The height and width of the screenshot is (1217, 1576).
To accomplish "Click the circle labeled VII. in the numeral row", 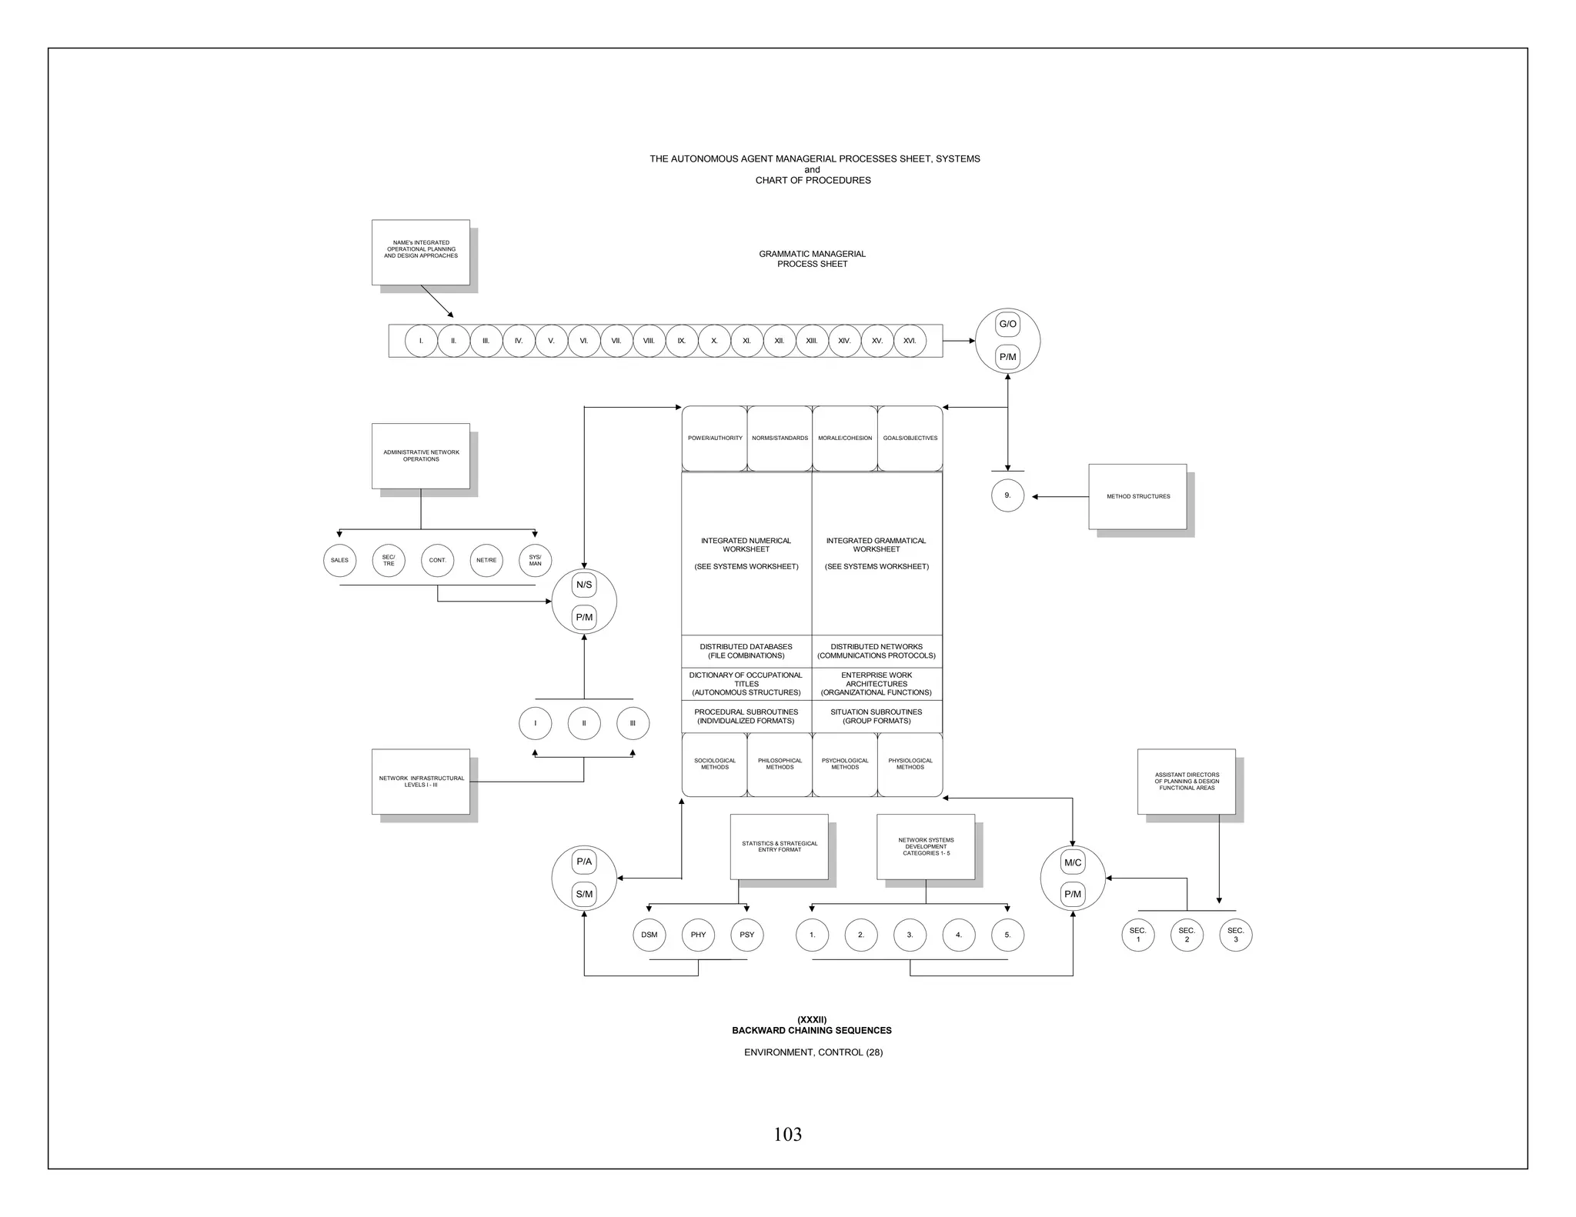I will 616,341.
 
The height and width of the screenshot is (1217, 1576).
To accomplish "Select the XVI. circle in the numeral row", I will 910,341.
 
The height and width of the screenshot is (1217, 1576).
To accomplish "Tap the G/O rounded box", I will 1007,325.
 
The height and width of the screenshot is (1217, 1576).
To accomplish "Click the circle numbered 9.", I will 1007,496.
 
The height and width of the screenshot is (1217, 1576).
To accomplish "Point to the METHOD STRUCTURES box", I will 1137,496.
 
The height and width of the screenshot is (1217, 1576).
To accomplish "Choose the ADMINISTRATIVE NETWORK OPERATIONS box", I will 421,455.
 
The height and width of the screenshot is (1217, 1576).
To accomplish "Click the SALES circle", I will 339,560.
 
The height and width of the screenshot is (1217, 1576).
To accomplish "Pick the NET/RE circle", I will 486,560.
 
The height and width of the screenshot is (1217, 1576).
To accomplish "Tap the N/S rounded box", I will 584,585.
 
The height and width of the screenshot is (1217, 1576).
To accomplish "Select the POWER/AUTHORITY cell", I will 715,438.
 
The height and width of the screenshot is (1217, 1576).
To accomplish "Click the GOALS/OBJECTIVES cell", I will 910,438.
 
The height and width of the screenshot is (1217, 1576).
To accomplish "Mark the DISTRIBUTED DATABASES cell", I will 746,651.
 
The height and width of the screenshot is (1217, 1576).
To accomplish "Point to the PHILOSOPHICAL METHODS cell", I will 780,764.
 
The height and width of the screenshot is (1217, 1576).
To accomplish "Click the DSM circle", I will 649,935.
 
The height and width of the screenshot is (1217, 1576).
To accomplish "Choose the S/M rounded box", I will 584,894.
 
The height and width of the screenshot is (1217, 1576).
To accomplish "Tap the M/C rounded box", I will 1073,862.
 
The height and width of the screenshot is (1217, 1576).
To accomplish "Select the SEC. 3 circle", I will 1236,935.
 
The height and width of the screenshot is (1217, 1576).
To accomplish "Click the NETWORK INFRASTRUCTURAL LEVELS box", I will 421,782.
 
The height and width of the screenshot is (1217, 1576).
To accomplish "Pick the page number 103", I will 787,1135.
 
